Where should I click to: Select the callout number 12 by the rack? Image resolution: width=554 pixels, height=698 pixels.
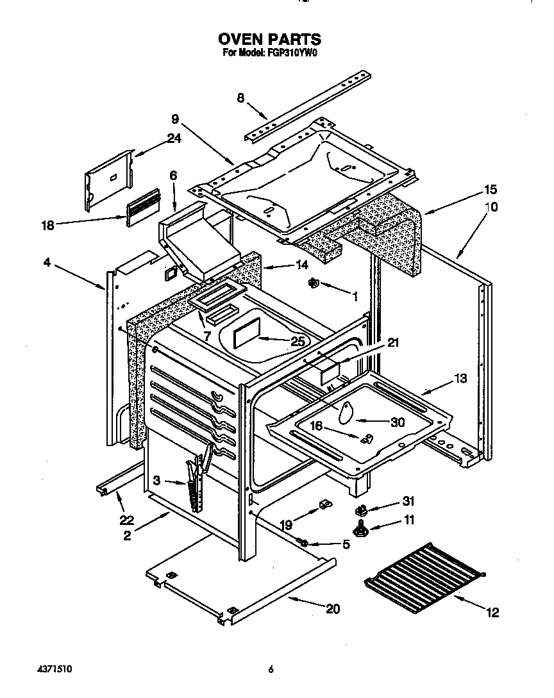492,613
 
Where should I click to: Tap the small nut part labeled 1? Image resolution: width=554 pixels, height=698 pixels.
314,283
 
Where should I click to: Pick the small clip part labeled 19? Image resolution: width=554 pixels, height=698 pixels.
324,506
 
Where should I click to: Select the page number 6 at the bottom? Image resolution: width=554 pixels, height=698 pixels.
271,669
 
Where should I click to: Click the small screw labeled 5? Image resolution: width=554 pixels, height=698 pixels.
305,544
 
